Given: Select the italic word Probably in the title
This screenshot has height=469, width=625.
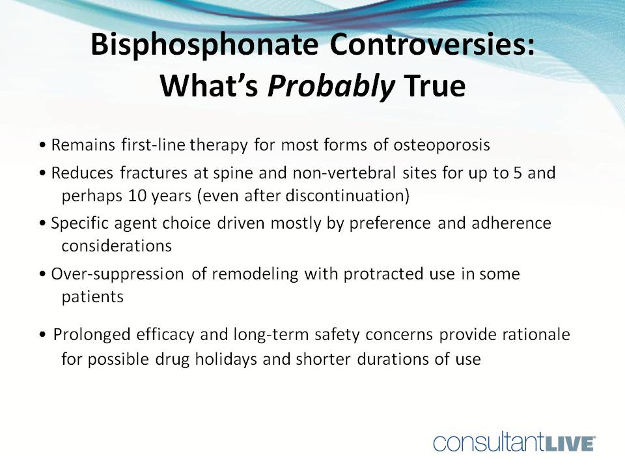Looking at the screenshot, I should click(331, 85).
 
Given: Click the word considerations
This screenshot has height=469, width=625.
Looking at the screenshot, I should click(117, 246).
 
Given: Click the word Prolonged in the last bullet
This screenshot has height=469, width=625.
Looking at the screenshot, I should click(86, 335).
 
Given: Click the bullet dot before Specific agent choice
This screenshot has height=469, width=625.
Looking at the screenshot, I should click(42, 224).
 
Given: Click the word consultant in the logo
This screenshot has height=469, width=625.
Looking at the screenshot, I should click(485, 443).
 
